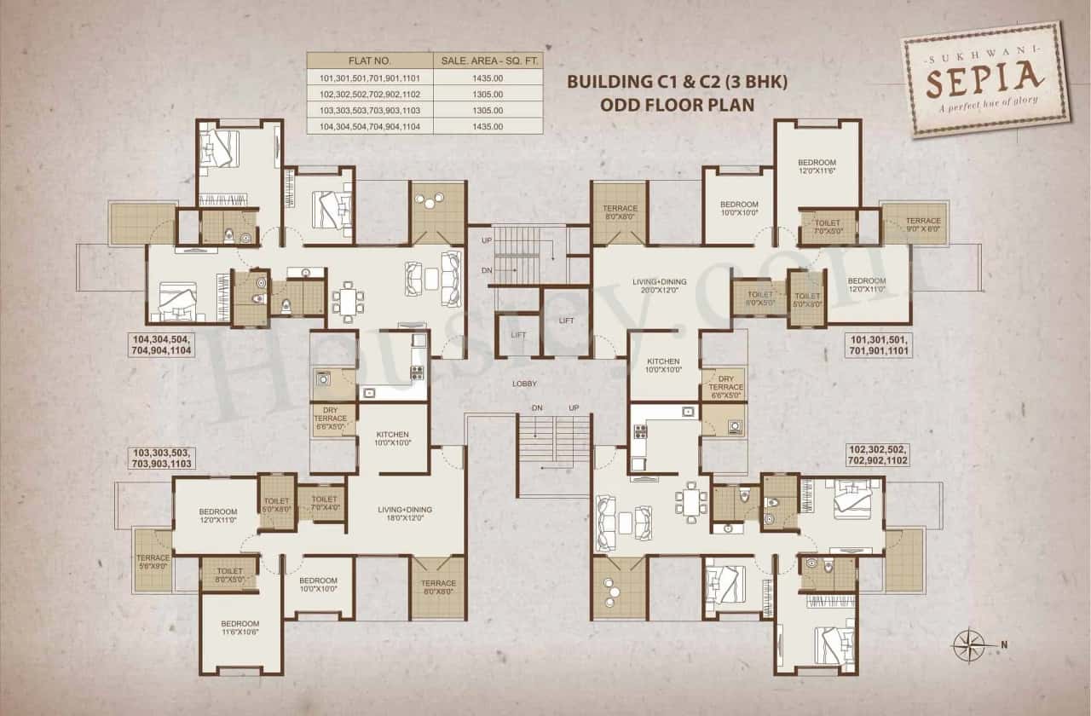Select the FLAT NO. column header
tap(369, 61)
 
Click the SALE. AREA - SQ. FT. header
tap(488, 61)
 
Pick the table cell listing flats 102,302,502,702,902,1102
tap(369, 94)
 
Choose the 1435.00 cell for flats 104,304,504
tap(488, 126)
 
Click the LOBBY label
tap(524, 384)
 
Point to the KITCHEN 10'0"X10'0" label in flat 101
tap(662, 365)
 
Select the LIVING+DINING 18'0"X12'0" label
tap(405, 514)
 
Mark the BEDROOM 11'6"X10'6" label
tap(240, 627)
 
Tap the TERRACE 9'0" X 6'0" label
tap(923, 225)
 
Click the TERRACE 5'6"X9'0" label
tap(153, 563)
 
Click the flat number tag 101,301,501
tap(879, 344)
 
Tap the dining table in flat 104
tap(348, 301)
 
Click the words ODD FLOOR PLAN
tap(678, 104)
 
